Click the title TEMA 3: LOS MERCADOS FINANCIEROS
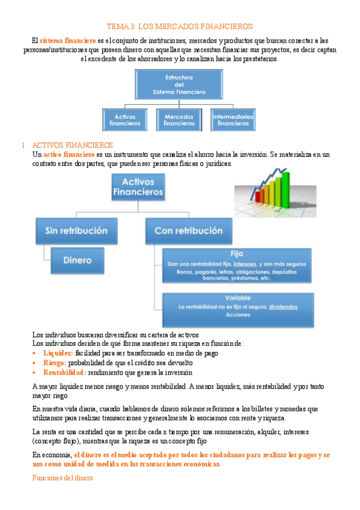[180, 26]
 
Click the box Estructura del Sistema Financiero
[180, 85]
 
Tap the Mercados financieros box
[179, 120]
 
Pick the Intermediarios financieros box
[233, 120]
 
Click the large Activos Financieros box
[138, 187]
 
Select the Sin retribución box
[76, 230]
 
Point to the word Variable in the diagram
[237, 298]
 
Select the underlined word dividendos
[283, 307]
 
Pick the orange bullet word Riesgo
[55, 363]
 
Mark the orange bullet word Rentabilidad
[64, 372]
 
